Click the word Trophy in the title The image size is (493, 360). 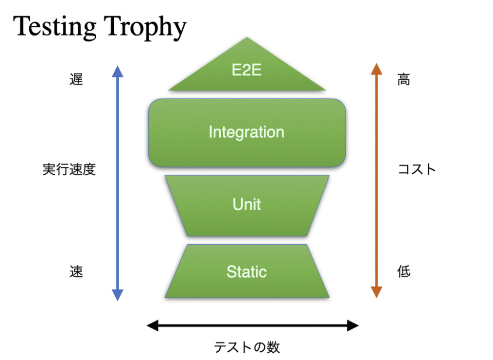point(145,28)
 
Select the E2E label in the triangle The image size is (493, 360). point(247,70)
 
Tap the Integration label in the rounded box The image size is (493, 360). point(246,132)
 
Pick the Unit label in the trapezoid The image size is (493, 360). point(247,204)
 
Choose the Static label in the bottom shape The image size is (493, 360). point(247,271)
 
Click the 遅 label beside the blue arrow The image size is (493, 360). point(76,79)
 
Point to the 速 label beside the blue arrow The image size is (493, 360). point(76,271)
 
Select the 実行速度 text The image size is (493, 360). point(69,169)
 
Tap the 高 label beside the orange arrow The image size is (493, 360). point(404,79)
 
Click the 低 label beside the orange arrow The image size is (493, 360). point(404,271)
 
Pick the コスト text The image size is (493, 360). point(417,169)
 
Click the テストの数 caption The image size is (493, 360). point(247,347)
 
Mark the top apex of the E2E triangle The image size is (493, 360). point(247,37)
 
